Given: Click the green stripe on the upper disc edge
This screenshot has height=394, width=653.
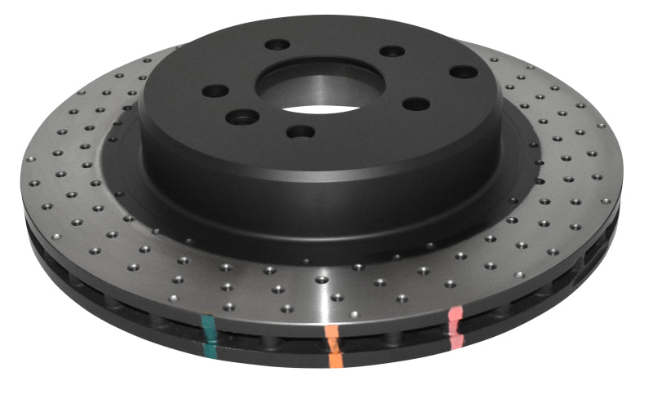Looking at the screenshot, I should click(x=209, y=329).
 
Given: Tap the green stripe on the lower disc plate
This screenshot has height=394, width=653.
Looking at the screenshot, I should click(x=211, y=349).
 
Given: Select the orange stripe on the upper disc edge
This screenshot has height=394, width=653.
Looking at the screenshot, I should click(x=331, y=334).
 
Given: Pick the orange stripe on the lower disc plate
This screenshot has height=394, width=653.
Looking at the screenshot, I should click(x=333, y=357).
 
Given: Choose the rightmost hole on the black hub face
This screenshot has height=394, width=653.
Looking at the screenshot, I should click(x=464, y=72).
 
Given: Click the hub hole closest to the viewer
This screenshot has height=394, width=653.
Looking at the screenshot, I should click(x=301, y=131).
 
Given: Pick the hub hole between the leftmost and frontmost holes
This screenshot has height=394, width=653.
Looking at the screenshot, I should click(x=242, y=118).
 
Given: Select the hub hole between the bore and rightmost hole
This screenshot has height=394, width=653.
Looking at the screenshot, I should click(x=416, y=104).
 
